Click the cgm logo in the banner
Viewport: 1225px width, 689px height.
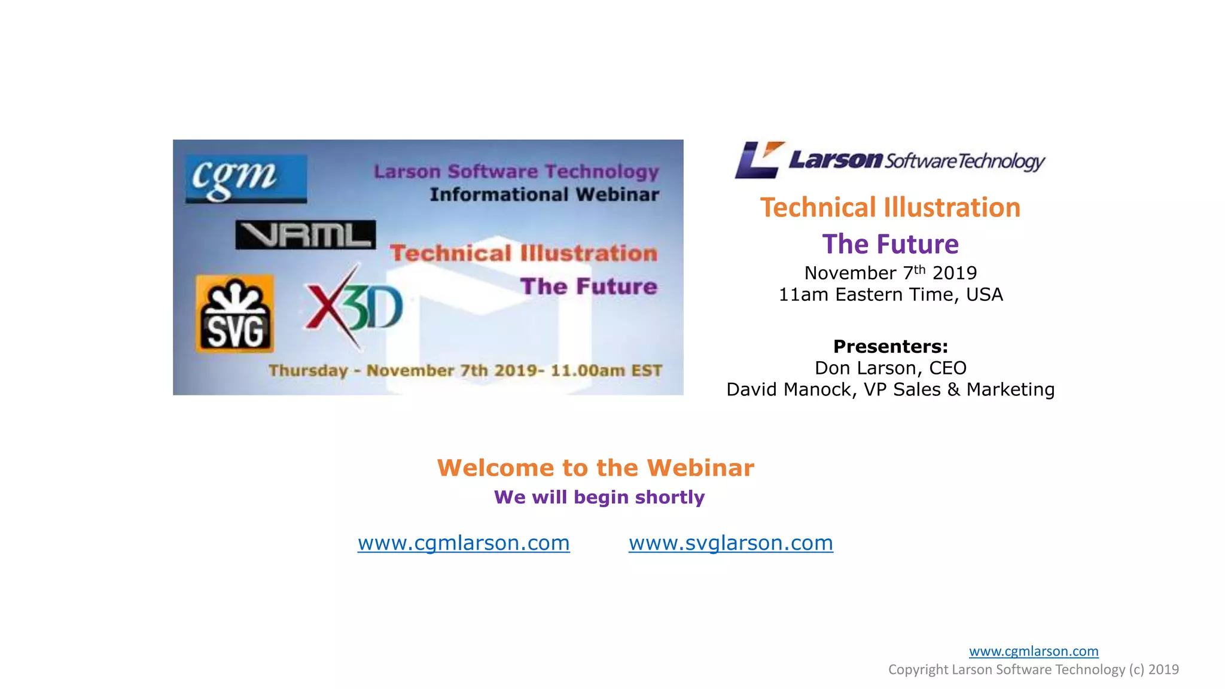246,179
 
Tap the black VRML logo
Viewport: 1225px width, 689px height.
306,234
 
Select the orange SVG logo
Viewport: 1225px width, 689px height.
235,313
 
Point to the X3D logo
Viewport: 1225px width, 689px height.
354,307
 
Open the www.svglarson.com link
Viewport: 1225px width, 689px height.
730,542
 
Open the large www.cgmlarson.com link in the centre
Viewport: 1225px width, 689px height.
464,542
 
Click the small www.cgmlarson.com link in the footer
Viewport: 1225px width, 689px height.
1034,651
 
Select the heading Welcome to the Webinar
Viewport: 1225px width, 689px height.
595,468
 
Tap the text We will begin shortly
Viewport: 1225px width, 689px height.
599,497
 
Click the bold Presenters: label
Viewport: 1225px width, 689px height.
890,346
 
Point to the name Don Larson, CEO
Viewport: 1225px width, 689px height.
890,368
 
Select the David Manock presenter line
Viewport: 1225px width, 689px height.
890,389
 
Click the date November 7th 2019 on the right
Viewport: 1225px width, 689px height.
890,273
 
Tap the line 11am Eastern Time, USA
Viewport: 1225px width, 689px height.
890,294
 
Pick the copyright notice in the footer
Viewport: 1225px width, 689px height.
1033,669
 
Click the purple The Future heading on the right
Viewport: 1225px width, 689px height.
890,244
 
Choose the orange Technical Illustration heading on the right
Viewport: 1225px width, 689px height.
890,208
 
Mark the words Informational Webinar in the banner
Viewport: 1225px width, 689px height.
544,194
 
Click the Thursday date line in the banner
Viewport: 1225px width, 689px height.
465,370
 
